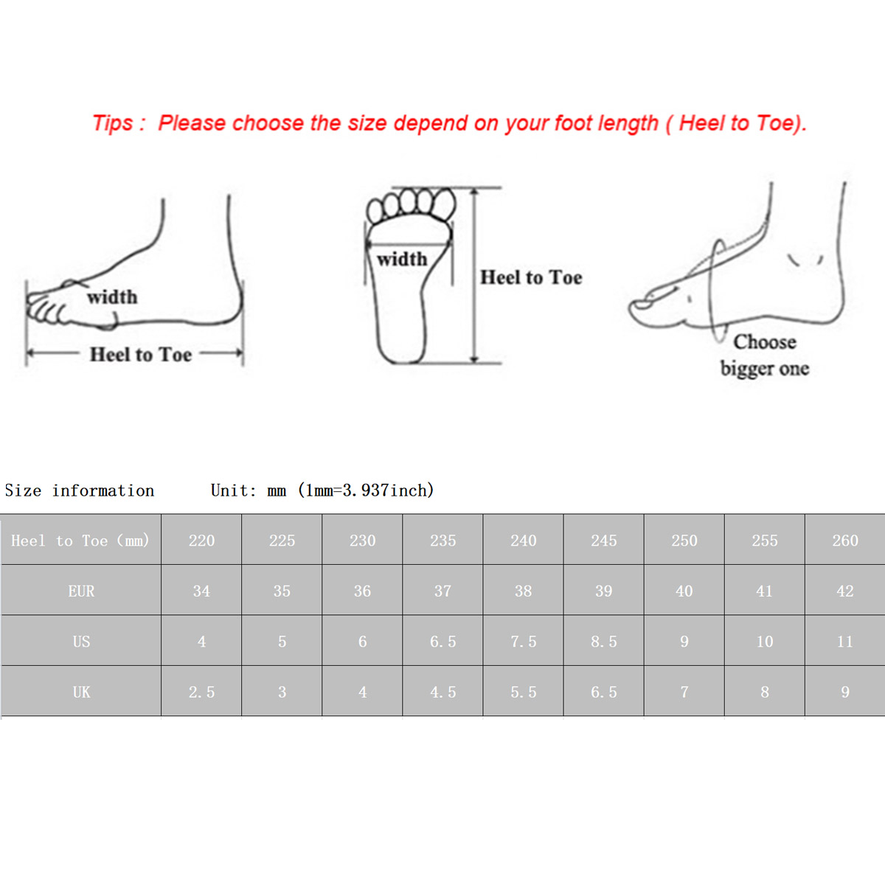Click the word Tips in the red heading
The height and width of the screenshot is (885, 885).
click(113, 124)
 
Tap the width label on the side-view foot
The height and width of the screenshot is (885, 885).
click(113, 296)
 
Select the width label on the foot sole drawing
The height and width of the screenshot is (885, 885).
click(402, 259)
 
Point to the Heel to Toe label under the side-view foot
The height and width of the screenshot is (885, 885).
click(141, 355)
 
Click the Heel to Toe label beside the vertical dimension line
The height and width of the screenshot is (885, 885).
click(531, 277)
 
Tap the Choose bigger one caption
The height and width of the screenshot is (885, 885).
click(765, 355)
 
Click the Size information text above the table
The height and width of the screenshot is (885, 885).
click(80, 490)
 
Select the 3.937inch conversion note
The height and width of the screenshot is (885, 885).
click(366, 490)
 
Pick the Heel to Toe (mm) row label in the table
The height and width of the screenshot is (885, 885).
click(80, 541)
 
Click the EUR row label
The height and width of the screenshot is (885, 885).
click(81, 591)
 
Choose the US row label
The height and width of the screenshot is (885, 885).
click(81, 642)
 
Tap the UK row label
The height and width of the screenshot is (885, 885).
click(81, 692)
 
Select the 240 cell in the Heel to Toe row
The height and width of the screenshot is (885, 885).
click(523, 541)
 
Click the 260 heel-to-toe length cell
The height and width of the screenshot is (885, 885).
click(845, 541)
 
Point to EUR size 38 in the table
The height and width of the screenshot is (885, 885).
click(523, 591)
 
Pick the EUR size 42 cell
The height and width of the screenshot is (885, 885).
click(845, 591)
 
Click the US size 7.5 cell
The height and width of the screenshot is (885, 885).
click(523, 642)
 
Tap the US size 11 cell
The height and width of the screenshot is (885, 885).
click(845, 642)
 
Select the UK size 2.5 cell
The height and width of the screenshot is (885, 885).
click(201, 692)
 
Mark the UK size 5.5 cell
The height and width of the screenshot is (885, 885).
click(523, 692)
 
